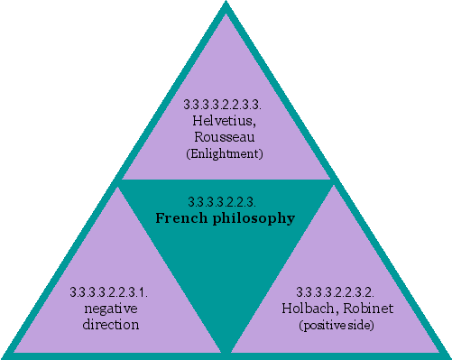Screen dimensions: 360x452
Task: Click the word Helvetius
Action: click(x=225, y=121)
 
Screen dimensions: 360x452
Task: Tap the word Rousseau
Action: click(x=225, y=137)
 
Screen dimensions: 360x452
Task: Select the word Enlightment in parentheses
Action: click(x=225, y=154)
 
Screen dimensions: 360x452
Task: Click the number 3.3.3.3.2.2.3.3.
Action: click(x=226, y=105)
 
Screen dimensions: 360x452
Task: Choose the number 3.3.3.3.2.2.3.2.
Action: click(x=340, y=292)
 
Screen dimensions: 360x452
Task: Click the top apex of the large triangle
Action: click(x=226, y=5)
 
